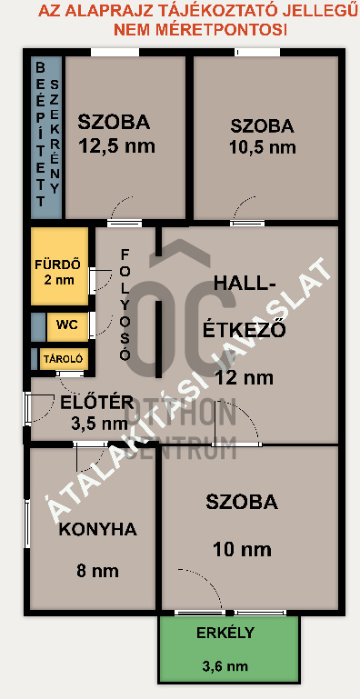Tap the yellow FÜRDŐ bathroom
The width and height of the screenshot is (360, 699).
(x=59, y=266)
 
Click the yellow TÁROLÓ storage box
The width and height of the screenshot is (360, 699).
(x=64, y=359)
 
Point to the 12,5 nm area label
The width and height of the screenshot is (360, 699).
(x=115, y=145)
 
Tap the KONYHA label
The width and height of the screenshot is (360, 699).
(x=97, y=529)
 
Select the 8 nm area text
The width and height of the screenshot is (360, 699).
(x=97, y=571)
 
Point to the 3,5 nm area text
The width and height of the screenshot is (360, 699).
(x=99, y=423)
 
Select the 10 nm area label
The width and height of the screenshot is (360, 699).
(x=241, y=548)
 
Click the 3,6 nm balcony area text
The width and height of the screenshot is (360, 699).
(x=224, y=666)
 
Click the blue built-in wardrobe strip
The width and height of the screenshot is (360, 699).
(x=45, y=136)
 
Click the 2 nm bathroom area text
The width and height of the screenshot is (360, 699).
(x=60, y=281)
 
